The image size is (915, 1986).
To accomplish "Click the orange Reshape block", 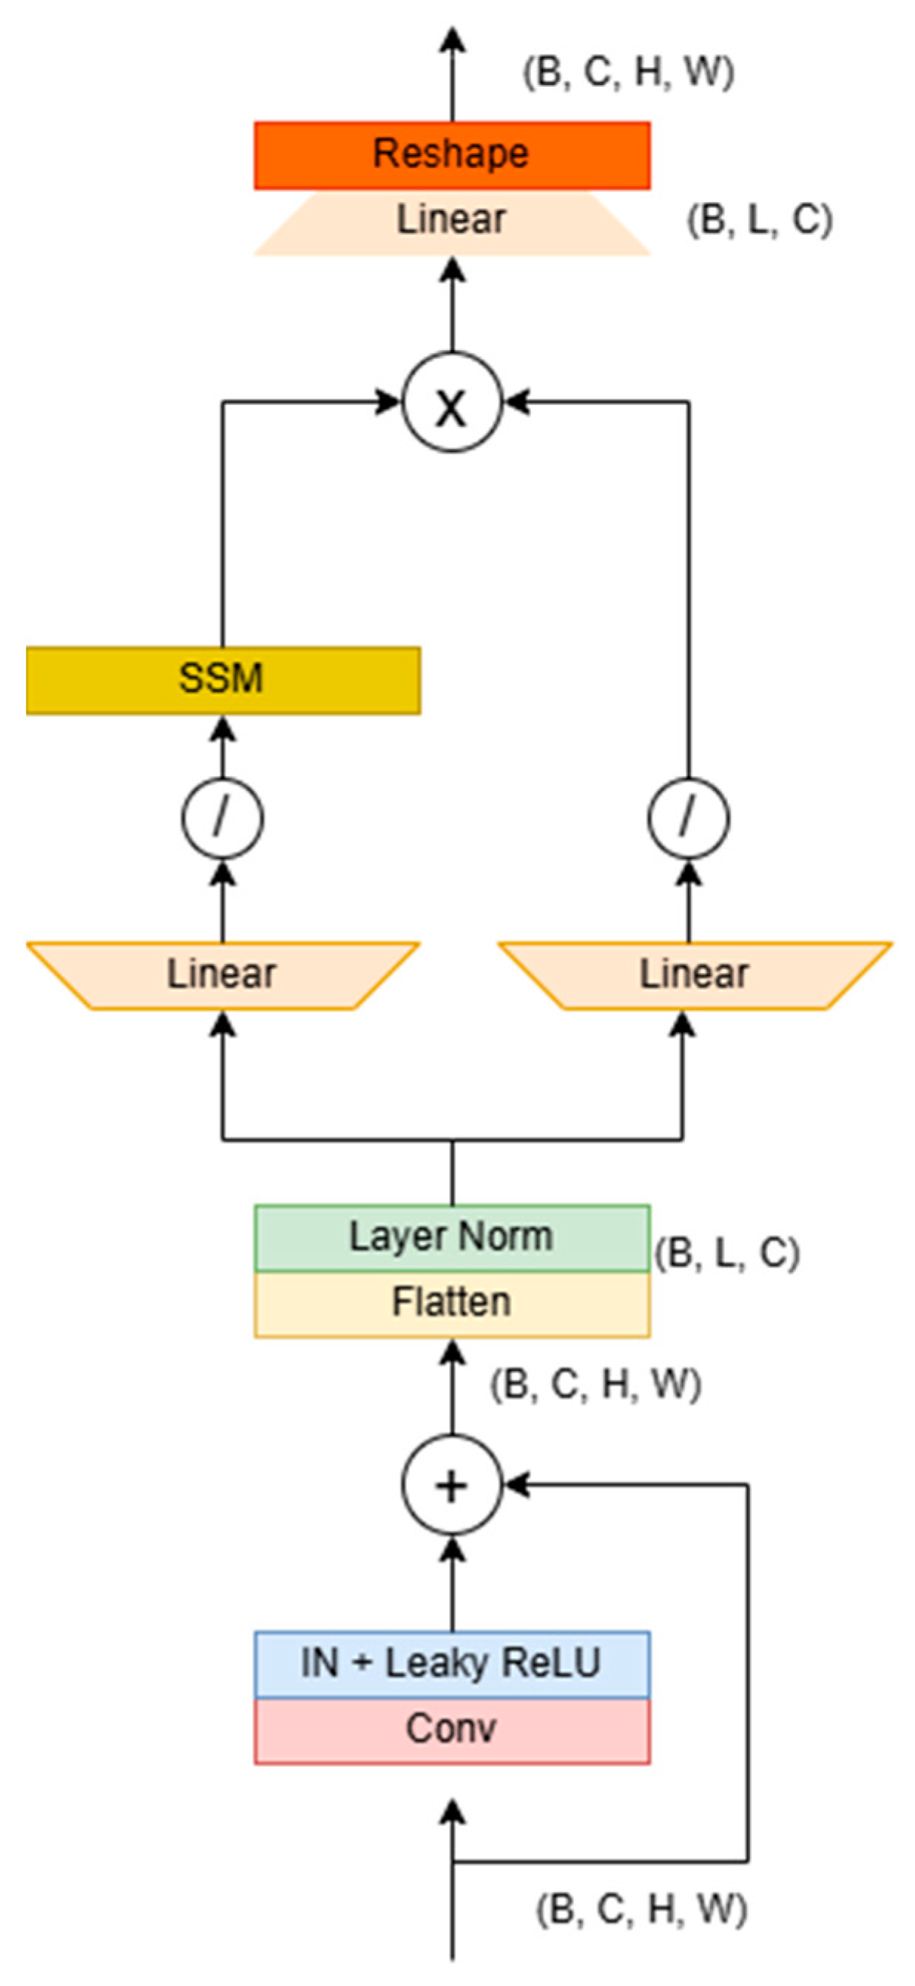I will [x=452, y=155].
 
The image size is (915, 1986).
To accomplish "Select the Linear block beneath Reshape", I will [x=452, y=221].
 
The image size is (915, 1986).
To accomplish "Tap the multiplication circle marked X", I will [x=452, y=403].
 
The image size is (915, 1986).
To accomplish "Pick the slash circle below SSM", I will [x=223, y=818].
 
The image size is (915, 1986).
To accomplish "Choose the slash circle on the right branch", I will [x=689, y=818].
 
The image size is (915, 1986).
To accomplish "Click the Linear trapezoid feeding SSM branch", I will [x=223, y=975].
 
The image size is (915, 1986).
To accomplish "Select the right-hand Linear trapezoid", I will [x=695, y=975].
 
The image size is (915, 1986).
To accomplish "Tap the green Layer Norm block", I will [x=452, y=1237].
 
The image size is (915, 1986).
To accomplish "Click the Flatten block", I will [x=452, y=1303].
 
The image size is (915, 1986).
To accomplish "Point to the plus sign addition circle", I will [x=452, y=1485].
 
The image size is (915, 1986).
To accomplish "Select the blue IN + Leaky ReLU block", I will [x=452, y=1663].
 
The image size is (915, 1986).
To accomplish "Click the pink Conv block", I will [x=452, y=1730].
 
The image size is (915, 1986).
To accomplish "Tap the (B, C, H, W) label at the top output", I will [x=628, y=73].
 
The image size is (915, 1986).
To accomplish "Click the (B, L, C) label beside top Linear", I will [x=759, y=221].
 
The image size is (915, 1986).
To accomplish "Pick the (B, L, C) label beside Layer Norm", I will [x=727, y=1253].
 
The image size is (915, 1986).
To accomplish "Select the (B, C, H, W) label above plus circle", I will [x=595, y=1384].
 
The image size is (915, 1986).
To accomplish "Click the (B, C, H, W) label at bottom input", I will [x=641, y=1910].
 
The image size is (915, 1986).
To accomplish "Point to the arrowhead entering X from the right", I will [x=515, y=403].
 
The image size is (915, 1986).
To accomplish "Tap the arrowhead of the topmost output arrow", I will [x=453, y=38].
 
